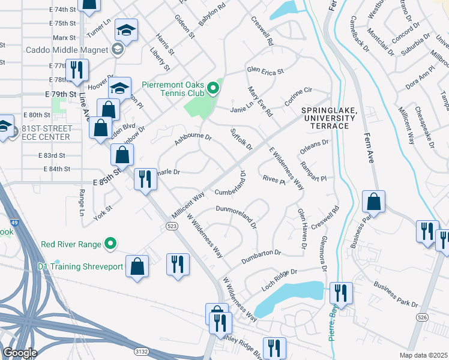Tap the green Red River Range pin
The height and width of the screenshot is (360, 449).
(x=110, y=244)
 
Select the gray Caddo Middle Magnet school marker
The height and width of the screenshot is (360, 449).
(x=118, y=50)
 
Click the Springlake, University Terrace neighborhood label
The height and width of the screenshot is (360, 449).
(x=329, y=118)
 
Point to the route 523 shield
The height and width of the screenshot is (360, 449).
(x=171, y=225)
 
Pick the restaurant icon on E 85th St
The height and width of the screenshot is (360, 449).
(x=145, y=178)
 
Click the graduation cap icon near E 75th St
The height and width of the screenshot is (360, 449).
(x=127, y=30)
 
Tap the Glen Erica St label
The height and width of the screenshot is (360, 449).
(x=265, y=71)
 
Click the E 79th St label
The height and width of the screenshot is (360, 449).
(x=61, y=94)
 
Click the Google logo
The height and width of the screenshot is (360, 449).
(x=20, y=353)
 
